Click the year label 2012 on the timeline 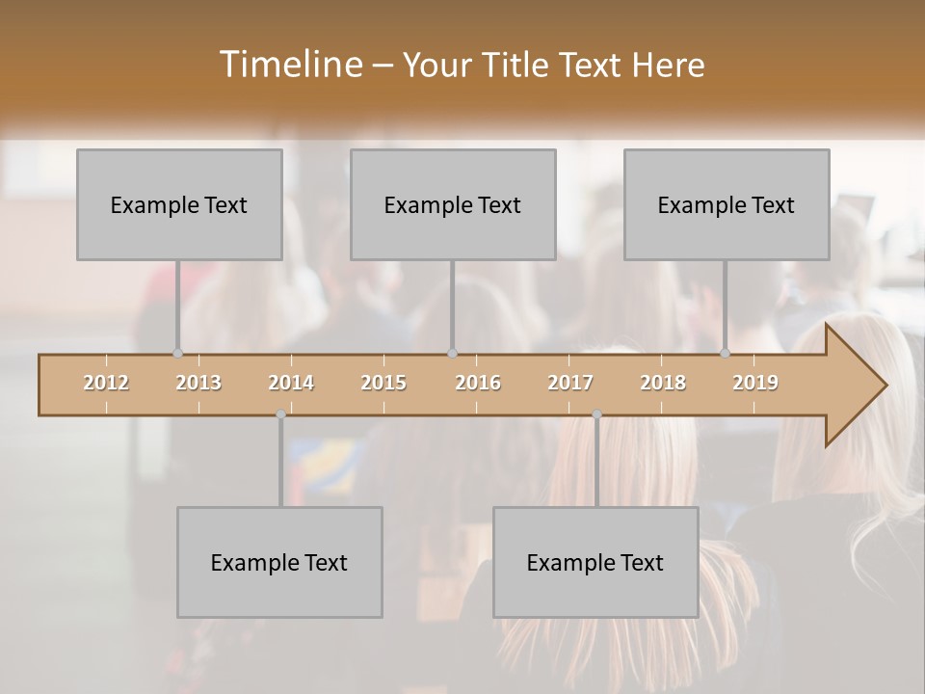click(106, 383)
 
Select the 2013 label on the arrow click(198, 383)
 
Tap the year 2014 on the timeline click(291, 383)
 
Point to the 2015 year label click(383, 383)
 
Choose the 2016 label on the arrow click(478, 383)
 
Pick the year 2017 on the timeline click(570, 383)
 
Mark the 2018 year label click(663, 383)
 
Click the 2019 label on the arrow click(755, 383)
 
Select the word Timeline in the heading click(289, 65)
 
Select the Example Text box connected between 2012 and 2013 click(179, 204)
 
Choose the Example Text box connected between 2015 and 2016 click(453, 204)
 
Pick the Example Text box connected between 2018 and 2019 click(727, 204)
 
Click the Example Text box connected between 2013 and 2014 click(279, 562)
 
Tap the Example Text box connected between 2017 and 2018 click(595, 562)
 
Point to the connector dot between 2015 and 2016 click(453, 353)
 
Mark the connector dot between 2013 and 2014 click(280, 414)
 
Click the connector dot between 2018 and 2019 click(726, 353)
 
